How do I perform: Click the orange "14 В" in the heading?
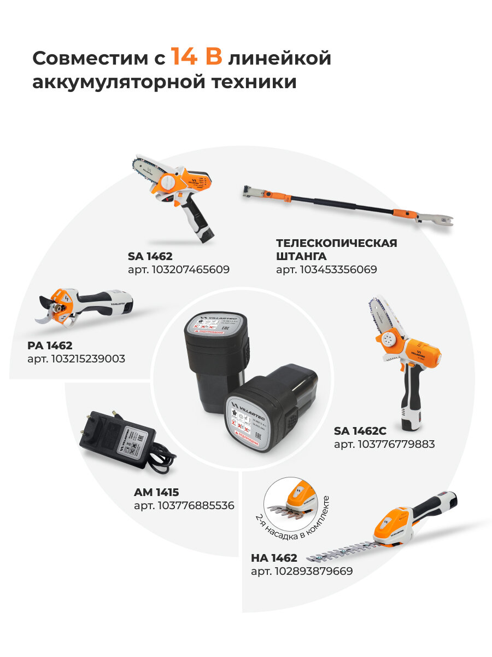tap(196, 57)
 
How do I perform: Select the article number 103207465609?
tap(178, 269)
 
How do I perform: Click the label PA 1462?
tap(50, 345)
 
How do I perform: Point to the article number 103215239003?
tap(76, 359)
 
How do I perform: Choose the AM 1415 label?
tap(156, 492)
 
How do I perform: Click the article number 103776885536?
tap(184, 506)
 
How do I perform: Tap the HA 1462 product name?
tap(274, 558)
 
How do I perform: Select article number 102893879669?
tap(302, 572)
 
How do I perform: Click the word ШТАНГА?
tap(301, 256)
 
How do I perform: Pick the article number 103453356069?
tap(326, 269)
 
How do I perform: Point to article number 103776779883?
tap(384, 444)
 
